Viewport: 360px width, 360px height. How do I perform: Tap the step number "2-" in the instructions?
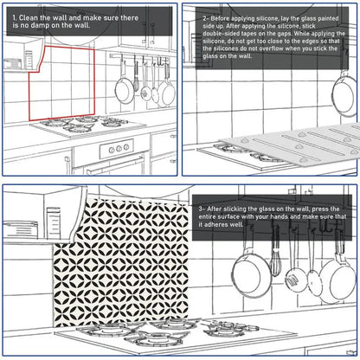coord(207,17)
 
